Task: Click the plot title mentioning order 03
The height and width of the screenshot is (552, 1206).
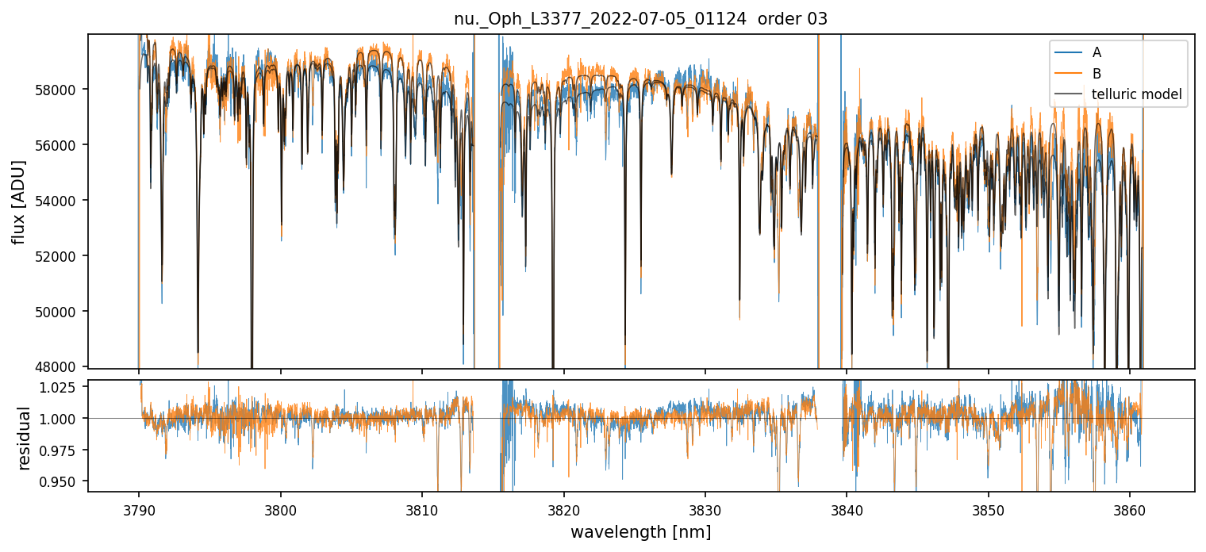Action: point(640,19)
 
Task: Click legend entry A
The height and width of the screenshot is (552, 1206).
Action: point(1097,52)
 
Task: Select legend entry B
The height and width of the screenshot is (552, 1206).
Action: point(1097,74)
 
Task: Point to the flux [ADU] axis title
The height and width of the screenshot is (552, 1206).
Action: point(18,201)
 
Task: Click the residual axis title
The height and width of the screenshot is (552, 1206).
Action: point(24,437)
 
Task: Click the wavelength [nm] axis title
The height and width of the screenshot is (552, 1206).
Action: point(640,531)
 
